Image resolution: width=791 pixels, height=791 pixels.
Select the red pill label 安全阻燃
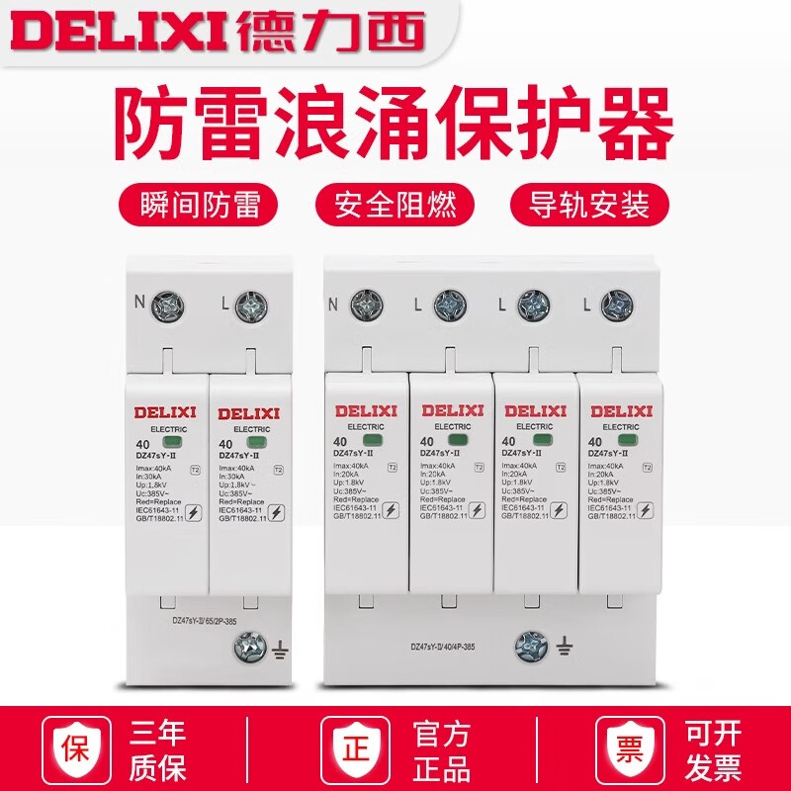tap(395, 207)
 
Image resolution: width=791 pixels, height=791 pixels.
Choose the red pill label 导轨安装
tap(590, 207)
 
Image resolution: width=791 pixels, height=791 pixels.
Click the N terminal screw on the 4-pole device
tap(366, 304)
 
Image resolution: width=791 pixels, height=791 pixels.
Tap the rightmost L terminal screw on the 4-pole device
tap(617, 304)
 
